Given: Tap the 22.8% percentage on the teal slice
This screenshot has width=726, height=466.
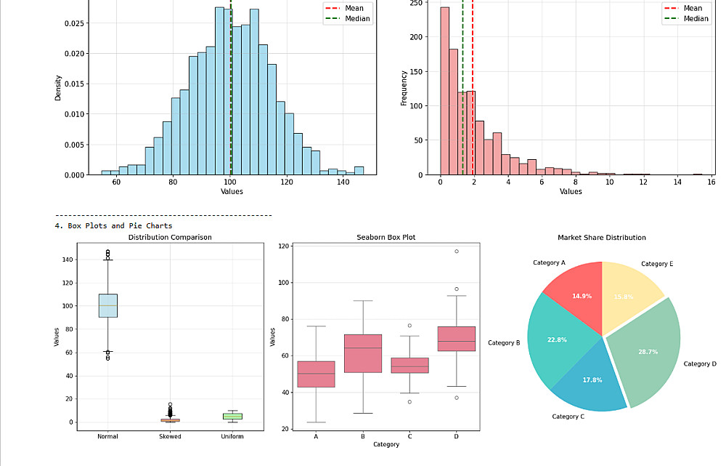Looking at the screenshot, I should (x=558, y=340).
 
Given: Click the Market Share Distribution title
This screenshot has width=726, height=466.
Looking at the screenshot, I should (x=601, y=238).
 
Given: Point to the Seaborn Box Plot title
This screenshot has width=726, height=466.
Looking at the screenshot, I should (x=386, y=238).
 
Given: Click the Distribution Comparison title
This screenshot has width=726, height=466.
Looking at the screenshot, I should (x=170, y=238).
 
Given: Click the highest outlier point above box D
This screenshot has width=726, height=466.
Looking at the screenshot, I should (x=457, y=252).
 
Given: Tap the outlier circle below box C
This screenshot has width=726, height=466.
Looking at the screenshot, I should (x=410, y=402).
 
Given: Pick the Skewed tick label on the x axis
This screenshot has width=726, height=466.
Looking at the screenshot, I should (x=170, y=436).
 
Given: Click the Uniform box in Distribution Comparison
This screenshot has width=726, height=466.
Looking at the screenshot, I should (x=232, y=417).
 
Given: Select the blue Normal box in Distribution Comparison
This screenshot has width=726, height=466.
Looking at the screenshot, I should (x=107, y=305).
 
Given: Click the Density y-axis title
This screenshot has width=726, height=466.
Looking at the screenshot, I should (x=58, y=88).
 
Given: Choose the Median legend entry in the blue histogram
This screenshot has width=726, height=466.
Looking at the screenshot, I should (x=351, y=19).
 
